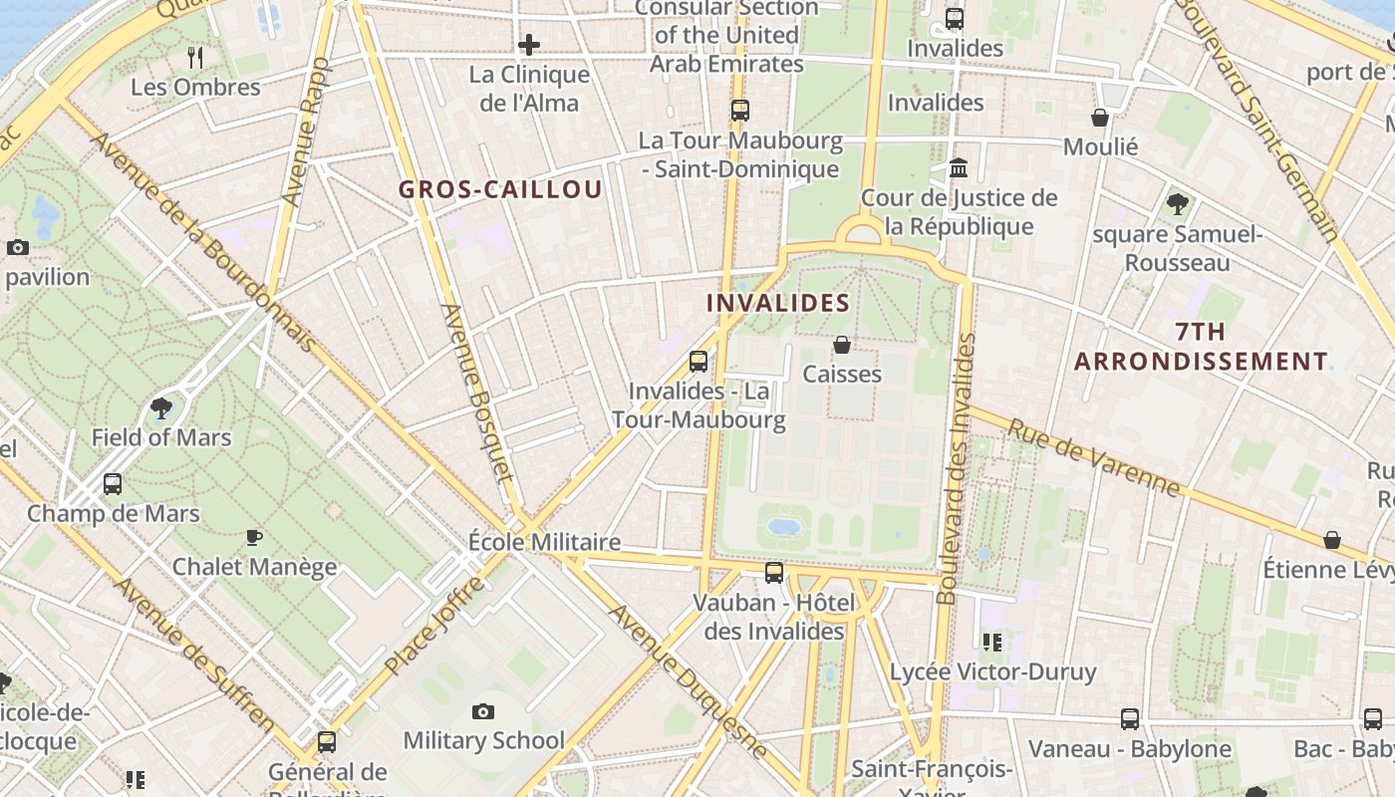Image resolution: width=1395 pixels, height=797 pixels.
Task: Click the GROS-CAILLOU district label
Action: [x=500, y=189]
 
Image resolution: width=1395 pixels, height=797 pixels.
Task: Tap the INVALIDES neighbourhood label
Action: [x=778, y=303]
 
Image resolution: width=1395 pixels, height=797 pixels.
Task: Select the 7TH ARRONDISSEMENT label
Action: [x=1201, y=347]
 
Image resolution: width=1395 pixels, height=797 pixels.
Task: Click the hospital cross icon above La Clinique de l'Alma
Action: [x=529, y=45]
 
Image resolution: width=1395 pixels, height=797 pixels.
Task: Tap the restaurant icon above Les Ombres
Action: [x=195, y=58]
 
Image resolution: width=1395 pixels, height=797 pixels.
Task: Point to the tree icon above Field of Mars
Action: [x=160, y=408]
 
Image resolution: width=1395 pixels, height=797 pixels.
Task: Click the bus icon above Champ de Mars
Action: [x=113, y=484]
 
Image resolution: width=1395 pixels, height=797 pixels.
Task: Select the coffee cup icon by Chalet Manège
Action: [x=254, y=538]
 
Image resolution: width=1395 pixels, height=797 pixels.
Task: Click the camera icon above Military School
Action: [x=483, y=711]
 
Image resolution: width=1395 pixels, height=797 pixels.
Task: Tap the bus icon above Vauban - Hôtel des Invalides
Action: [x=774, y=573]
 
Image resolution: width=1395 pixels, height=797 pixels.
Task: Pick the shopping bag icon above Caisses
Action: [x=842, y=345]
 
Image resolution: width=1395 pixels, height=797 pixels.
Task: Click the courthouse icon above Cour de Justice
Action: [x=959, y=167]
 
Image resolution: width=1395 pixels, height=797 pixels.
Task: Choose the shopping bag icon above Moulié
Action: [x=1100, y=118]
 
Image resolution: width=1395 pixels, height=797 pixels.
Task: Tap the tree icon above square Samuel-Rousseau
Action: [x=1177, y=204]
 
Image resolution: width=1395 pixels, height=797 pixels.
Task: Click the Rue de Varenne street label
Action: [x=1093, y=457]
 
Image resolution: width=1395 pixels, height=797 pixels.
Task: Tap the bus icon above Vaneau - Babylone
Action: [x=1129, y=718]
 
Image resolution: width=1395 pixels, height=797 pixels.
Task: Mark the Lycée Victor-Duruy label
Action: [x=992, y=671]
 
